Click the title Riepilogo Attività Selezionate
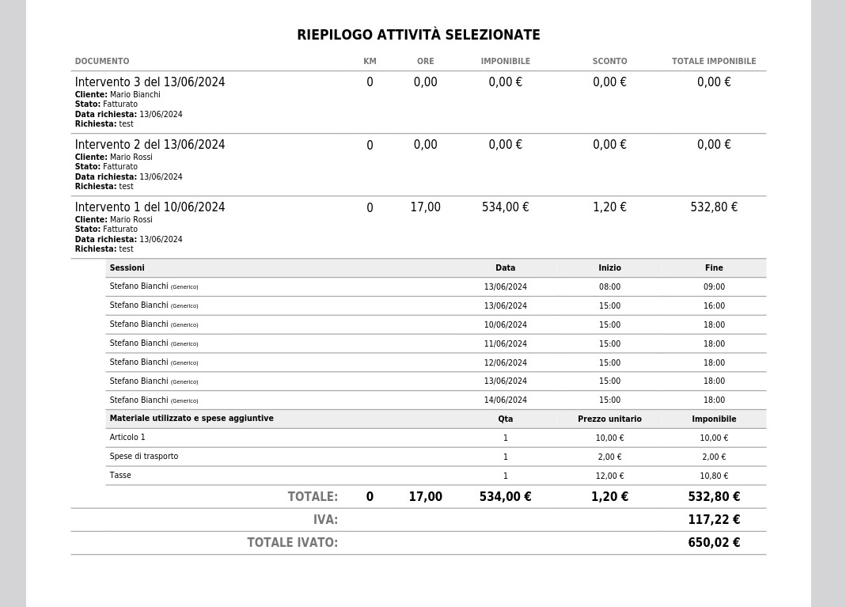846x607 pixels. [418, 35]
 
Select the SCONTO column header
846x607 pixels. [609, 61]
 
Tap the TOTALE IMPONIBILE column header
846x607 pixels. [713, 61]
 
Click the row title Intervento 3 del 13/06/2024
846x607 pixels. [150, 82]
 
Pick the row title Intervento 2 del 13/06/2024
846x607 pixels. [150, 145]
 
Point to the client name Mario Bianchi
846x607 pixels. [135, 94]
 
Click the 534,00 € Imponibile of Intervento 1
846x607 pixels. [505, 207]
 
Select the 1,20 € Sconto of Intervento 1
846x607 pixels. [609, 207]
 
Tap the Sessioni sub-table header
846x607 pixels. [127, 267]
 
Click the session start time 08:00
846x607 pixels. [609, 286]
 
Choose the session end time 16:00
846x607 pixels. [714, 305]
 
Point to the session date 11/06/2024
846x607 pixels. [505, 343]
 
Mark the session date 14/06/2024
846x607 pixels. [505, 400]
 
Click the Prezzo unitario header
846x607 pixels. [609, 419]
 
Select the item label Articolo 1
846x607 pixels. [127, 437]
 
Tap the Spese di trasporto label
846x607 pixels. [144, 456]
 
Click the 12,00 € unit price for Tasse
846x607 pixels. [609, 476]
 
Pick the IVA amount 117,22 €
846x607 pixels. [714, 520]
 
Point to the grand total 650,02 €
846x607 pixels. [714, 543]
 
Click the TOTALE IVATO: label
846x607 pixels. [292, 543]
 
